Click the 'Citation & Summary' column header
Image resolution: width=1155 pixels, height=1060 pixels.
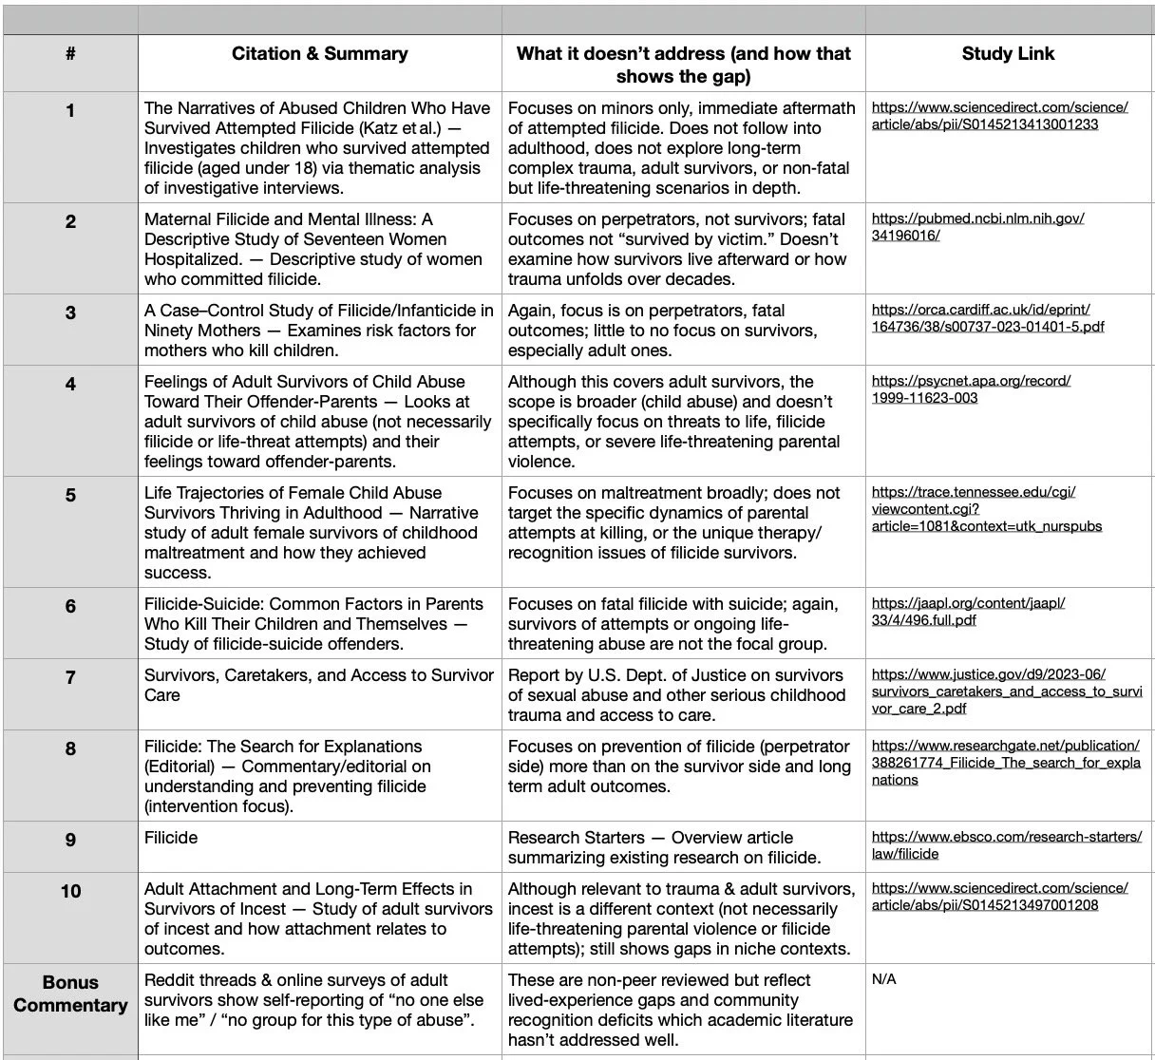[319, 54]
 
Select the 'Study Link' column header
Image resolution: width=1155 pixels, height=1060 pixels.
[1007, 54]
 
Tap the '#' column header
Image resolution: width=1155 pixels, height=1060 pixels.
[70, 54]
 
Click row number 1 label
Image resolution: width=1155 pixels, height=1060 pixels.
[70, 111]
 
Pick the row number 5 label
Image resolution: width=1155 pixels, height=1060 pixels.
[70, 496]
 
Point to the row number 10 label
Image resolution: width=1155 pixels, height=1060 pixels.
[70, 891]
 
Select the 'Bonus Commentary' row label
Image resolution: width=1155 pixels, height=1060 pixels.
[70, 994]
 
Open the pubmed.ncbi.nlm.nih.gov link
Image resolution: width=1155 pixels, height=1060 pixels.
[976, 227]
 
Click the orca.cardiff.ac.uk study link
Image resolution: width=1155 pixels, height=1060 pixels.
[987, 318]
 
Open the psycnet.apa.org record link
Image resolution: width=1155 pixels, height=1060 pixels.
[970, 389]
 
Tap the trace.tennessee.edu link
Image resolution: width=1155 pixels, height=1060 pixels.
[986, 509]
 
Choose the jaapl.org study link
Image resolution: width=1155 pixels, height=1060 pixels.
[967, 612]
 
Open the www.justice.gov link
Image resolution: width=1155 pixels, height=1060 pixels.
[1006, 691]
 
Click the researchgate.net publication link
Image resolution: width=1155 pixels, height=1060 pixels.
[1005, 763]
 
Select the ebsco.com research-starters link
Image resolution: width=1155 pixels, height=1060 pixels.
[1006, 845]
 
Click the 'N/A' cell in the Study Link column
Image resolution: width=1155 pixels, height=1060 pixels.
[883, 979]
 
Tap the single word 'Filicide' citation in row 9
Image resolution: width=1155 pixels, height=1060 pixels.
[171, 838]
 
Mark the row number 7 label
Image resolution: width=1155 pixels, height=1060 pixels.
[70, 678]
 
